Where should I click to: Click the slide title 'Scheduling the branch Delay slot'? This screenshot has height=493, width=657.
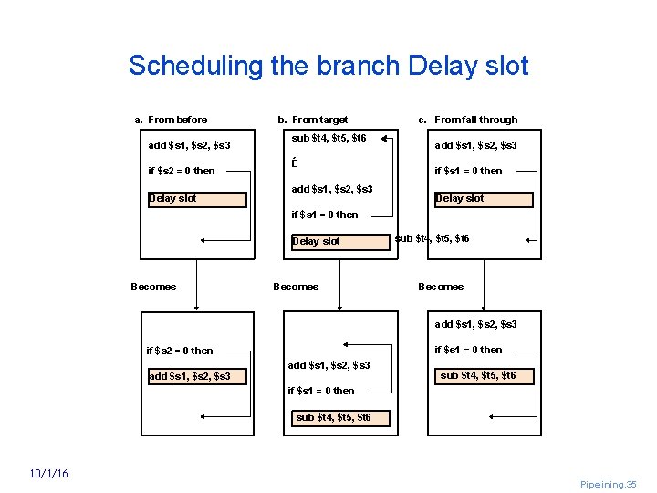coord(328,66)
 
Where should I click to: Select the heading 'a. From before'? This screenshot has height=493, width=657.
coord(171,120)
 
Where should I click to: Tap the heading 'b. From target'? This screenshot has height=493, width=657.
coord(312,120)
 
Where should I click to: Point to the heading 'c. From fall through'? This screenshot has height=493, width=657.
coord(467,120)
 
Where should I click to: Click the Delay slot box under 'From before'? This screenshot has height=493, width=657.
coord(197,199)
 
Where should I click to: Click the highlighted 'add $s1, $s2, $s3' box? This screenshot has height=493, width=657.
coord(197,376)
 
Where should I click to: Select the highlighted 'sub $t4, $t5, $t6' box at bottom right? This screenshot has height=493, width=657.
coord(478,375)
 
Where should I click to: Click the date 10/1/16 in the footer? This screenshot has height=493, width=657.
coord(47,473)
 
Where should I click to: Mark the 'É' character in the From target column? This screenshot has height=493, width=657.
coord(294,163)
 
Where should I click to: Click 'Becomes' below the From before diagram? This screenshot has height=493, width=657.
coord(153,287)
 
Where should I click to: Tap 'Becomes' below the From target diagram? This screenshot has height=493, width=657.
coord(296,287)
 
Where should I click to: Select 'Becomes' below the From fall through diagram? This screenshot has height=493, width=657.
coord(441,287)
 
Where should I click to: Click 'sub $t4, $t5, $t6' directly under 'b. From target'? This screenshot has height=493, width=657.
coord(328,139)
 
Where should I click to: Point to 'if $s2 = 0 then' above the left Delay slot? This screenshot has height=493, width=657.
coord(181,171)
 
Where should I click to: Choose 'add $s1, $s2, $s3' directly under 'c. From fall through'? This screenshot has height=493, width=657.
coord(475,146)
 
